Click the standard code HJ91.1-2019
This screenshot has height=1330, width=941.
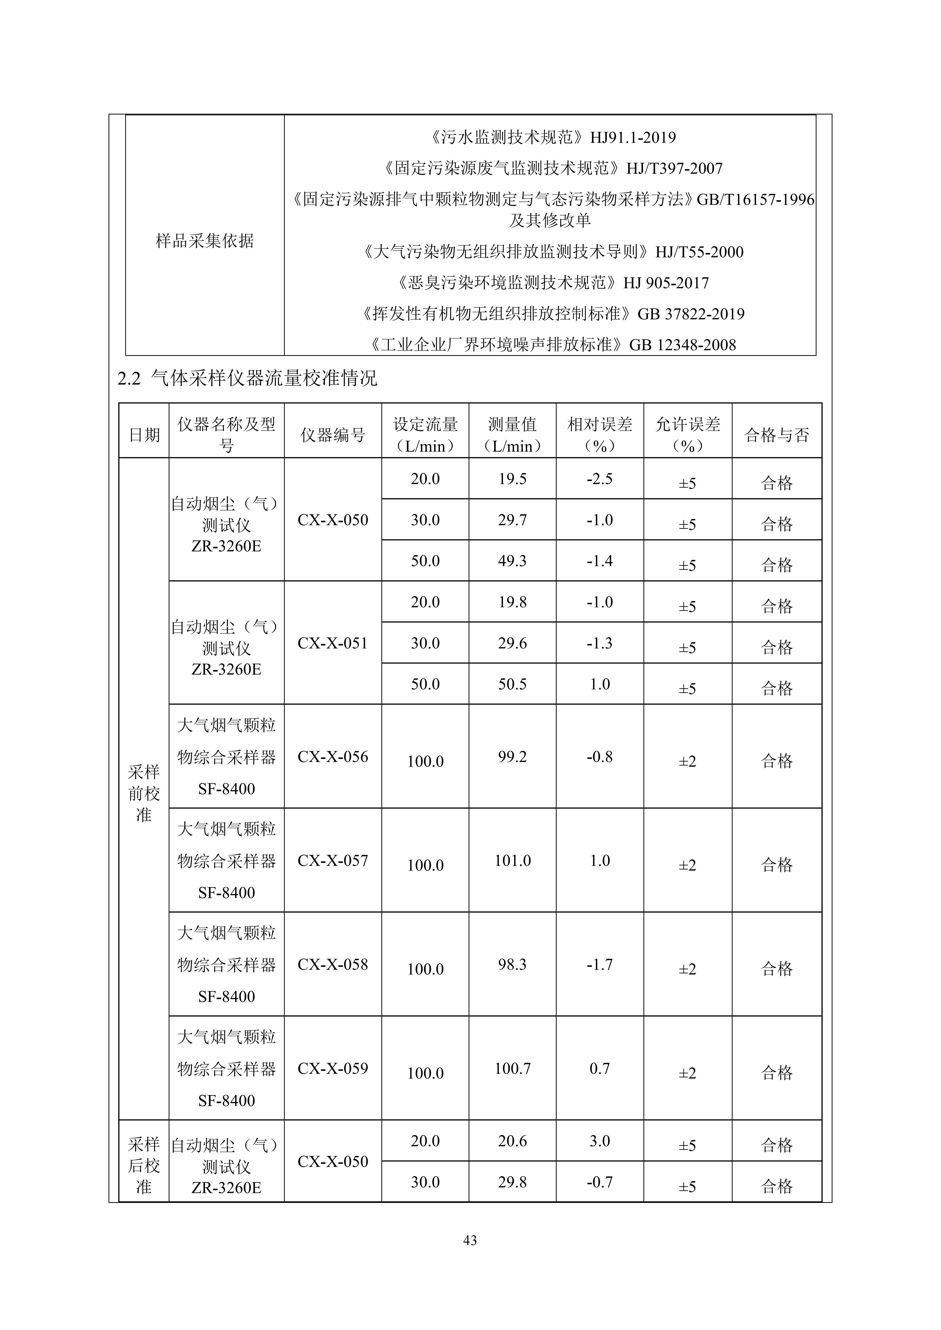633,137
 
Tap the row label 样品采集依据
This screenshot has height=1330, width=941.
205,241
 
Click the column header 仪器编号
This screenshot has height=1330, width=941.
333,435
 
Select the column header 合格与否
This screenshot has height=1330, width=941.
777,435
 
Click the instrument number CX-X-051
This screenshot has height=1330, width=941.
333,643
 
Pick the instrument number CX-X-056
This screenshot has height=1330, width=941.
333,757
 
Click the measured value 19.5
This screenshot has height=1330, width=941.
512,479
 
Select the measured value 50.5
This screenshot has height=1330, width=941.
512,684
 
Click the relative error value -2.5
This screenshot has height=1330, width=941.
600,479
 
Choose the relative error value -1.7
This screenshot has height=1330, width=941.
600,964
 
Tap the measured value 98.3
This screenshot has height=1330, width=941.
512,964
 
